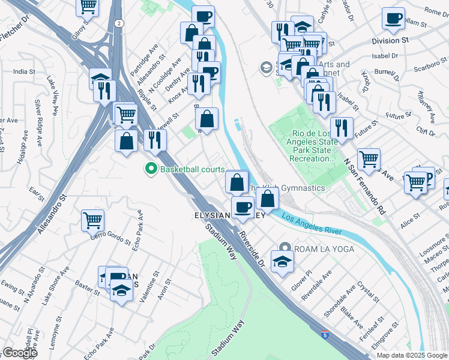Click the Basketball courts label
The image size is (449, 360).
click(192, 170)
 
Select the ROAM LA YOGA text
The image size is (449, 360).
click(324, 248)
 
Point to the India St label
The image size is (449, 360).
click(24, 71)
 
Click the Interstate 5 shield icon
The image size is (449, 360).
click(324, 336)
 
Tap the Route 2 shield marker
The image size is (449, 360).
click(119, 23)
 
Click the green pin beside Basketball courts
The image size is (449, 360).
click(151, 170)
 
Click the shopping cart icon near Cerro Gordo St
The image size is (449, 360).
click(92, 220)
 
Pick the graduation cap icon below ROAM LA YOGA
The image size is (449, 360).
click(280, 260)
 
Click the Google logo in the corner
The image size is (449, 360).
click(19, 353)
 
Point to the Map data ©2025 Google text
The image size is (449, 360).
click(412, 355)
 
